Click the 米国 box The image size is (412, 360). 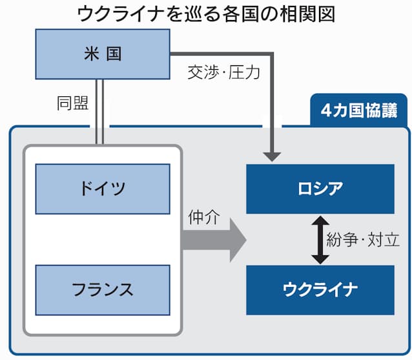coord(103,54)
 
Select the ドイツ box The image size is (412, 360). coord(103,189)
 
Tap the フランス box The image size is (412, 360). coord(103,290)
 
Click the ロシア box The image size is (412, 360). coord(320,189)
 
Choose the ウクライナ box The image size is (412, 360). coord(320,290)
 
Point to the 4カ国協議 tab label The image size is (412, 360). coord(359,111)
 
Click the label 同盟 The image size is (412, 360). coord(73,103)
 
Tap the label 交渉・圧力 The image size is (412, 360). coord(224,72)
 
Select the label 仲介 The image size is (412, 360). coord(203,217)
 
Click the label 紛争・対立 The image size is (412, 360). coord(363,240)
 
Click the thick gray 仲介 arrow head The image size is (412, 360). coord(238,240)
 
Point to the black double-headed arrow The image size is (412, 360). coord(320,240)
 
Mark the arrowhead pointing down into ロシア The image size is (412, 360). coord(273,156)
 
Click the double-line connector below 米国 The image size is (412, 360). coord(99,112)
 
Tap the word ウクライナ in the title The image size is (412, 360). coord(120,14)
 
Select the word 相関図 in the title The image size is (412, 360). coord(307,14)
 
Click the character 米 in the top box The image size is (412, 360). coord(92,54)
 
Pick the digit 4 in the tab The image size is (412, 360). coord(325,111)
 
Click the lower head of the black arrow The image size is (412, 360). coord(320,260)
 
